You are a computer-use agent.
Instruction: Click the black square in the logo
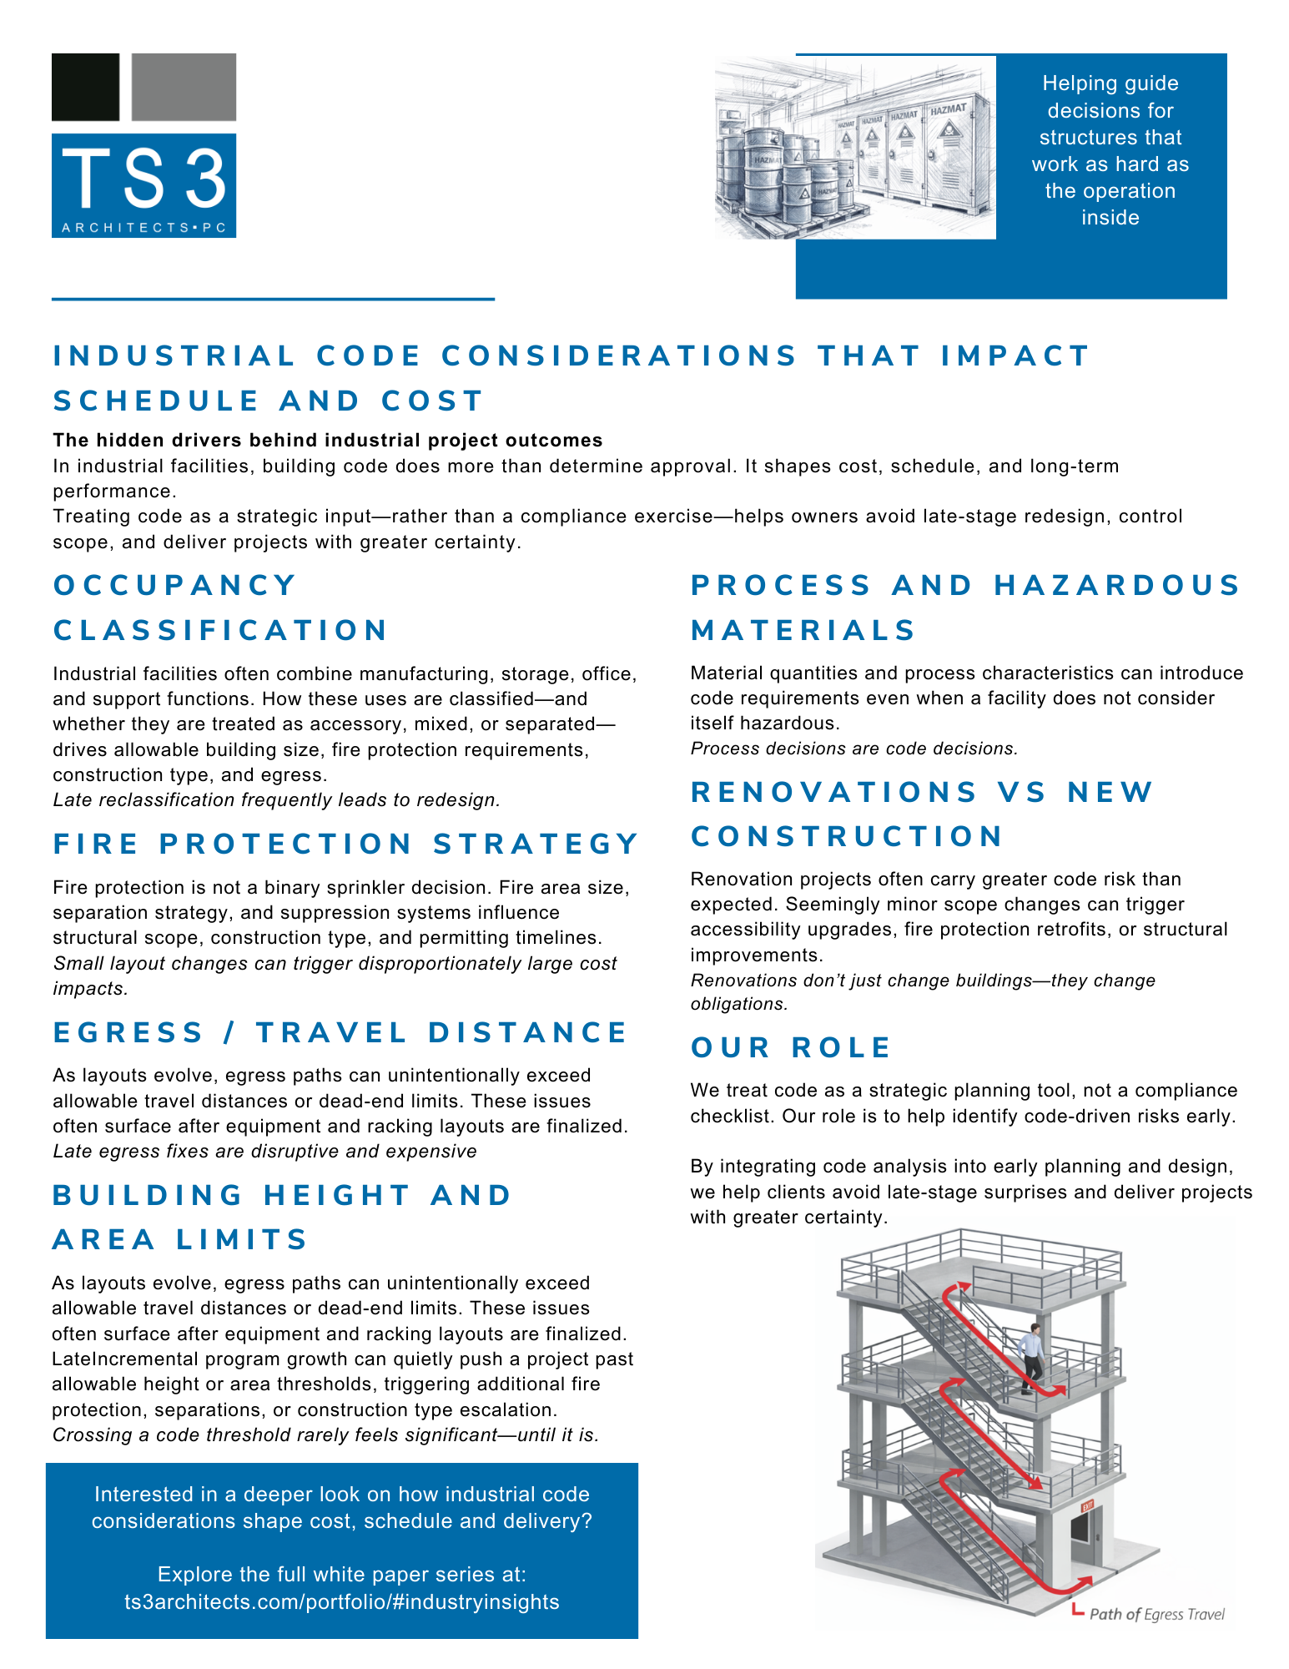[85, 87]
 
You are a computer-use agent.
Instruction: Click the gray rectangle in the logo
[184, 87]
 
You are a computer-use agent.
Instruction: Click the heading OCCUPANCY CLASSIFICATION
[220, 608]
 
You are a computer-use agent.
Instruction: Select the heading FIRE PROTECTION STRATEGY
[345, 844]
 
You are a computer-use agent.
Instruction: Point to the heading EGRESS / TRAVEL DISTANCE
[340, 1032]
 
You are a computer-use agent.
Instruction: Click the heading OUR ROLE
[791, 1047]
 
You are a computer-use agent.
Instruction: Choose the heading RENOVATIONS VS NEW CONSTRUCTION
[922, 814]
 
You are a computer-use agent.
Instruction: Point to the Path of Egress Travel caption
[1156, 1614]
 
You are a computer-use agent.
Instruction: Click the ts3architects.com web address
[342, 1601]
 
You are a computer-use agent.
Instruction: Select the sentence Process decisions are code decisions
[854, 749]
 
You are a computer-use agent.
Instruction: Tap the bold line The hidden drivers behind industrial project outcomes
[328, 440]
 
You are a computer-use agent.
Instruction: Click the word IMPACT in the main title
[1015, 355]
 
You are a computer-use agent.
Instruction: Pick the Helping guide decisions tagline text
[1110, 150]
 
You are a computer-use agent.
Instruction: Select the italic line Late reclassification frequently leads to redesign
[276, 799]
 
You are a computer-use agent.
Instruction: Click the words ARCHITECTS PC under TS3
[144, 228]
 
